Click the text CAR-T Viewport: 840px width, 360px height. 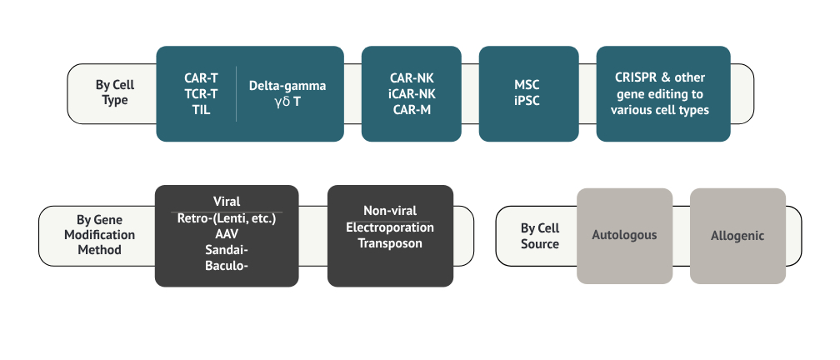201,78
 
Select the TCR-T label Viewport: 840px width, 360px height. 201,94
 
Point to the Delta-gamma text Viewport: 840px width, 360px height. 287,86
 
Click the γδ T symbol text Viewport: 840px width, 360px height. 287,102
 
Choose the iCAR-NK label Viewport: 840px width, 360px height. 412,94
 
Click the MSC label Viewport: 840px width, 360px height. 528,86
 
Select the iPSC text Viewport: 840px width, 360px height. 528,102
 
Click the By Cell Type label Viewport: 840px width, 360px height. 115,92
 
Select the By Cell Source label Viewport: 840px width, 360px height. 540,236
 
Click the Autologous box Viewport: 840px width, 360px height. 624,235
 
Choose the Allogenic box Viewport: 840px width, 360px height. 737,236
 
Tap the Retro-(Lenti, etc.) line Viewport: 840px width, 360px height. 227,218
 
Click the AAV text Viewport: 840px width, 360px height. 227,234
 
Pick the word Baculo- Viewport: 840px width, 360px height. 227,266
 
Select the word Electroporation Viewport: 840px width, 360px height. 390,227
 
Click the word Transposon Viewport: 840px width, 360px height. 390,243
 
